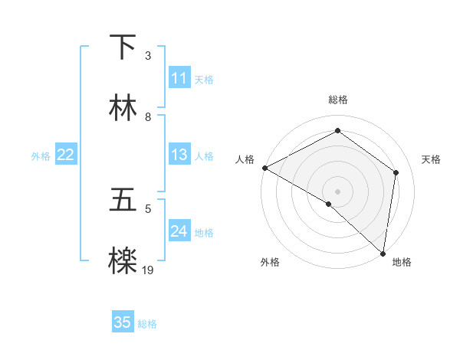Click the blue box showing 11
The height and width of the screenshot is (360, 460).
(x=179, y=78)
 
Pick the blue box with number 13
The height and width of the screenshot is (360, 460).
(x=179, y=155)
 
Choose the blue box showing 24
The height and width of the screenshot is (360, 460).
(x=179, y=231)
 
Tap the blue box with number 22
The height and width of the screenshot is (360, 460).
(x=65, y=155)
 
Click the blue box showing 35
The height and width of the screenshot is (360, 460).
(x=123, y=322)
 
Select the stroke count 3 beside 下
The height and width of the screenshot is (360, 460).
(x=148, y=56)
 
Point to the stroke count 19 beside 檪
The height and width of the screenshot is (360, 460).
(x=148, y=270)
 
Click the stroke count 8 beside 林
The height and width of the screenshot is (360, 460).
(x=148, y=116)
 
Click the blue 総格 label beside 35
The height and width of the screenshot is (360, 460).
(x=148, y=324)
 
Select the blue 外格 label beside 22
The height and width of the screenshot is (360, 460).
(x=41, y=156)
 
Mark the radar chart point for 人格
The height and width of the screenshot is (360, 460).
(x=264, y=168)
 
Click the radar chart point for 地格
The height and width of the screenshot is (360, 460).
(x=383, y=252)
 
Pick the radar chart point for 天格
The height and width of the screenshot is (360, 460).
(x=396, y=172)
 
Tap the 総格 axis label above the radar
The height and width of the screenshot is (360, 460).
(x=338, y=100)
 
